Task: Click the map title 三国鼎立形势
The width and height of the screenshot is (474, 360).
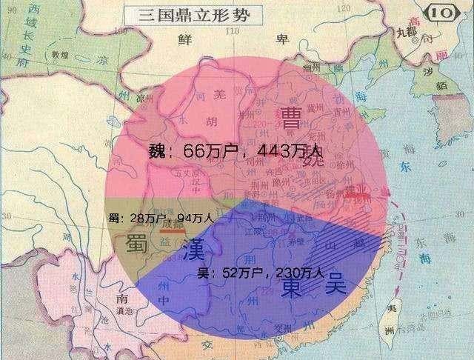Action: (x=190, y=13)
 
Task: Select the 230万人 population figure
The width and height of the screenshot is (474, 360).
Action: (x=298, y=272)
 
